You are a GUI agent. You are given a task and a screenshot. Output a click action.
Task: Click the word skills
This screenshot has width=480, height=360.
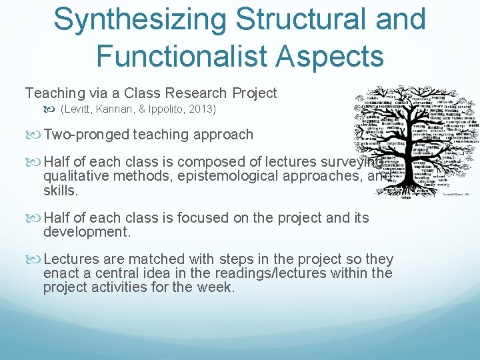coord(59,191)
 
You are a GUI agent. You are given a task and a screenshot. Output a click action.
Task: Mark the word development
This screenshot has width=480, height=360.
coord(87,232)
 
